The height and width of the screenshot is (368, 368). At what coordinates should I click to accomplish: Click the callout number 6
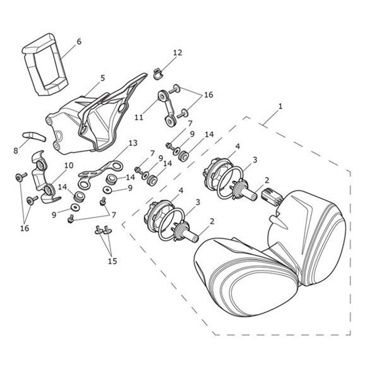(79, 41)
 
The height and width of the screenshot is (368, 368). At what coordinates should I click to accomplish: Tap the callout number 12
(178, 53)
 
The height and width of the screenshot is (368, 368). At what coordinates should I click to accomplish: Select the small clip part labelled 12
(158, 74)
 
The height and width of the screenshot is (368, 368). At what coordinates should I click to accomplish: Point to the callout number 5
(102, 78)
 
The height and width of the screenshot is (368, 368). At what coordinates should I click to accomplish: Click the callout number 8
(16, 151)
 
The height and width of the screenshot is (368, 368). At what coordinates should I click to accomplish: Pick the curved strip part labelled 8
(34, 136)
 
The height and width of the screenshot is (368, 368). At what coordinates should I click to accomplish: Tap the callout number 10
(69, 165)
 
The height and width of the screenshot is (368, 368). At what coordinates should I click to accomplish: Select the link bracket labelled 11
(168, 108)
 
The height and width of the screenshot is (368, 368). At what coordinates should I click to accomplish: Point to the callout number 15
(112, 261)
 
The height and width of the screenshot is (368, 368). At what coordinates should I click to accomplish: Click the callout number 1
(280, 106)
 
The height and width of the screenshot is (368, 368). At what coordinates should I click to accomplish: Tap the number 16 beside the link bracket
(208, 95)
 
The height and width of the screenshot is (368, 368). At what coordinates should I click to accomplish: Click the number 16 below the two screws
(25, 228)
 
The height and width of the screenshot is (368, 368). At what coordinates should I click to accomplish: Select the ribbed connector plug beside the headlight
(271, 195)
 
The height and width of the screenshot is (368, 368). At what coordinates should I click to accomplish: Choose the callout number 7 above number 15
(114, 215)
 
